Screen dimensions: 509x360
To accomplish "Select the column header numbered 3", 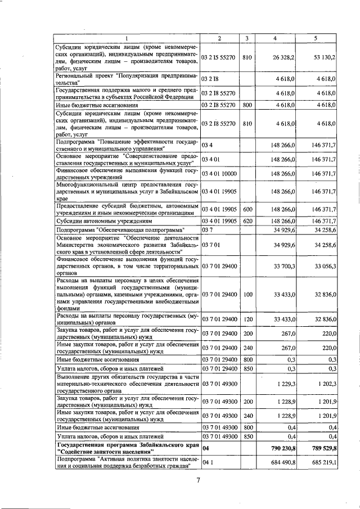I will tap(246, 38).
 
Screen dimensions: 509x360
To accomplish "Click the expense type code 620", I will tap(246, 221).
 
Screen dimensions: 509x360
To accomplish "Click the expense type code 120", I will tap(246, 319).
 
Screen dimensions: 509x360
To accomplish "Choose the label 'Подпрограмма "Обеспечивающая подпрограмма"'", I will tap(114, 230).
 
